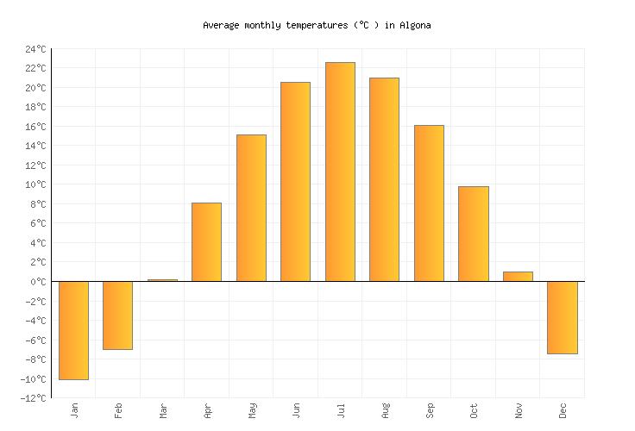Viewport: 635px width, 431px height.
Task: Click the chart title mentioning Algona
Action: click(317, 26)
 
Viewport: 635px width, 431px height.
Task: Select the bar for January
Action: click(74, 330)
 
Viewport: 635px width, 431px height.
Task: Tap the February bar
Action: click(118, 315)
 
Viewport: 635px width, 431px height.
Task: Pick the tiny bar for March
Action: click(162, 280)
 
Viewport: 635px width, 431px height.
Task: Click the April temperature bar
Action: click(207, 242)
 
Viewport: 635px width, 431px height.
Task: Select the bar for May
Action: click(251, 208)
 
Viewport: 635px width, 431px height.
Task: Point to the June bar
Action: click(296, 182)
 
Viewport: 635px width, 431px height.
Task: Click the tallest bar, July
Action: click(340, 172)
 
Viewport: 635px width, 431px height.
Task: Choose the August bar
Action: click(384, 179)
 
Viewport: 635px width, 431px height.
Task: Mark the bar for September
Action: click(429, 203)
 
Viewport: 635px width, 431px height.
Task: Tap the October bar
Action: click(473, 234)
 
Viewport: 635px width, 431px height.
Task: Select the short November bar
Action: click(518, 277)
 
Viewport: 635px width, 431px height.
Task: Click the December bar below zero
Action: click(562, 317)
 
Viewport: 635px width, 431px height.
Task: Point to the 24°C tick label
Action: click(35, 49)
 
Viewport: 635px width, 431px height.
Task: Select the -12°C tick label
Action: click(33, 398)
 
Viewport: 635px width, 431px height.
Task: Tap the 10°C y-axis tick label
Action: click(35, 184)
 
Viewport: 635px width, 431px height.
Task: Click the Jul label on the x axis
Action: click(340, 410)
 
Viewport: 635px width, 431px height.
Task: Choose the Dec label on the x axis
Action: click(563, 410)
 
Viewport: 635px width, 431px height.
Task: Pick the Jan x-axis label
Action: click(74, 410)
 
